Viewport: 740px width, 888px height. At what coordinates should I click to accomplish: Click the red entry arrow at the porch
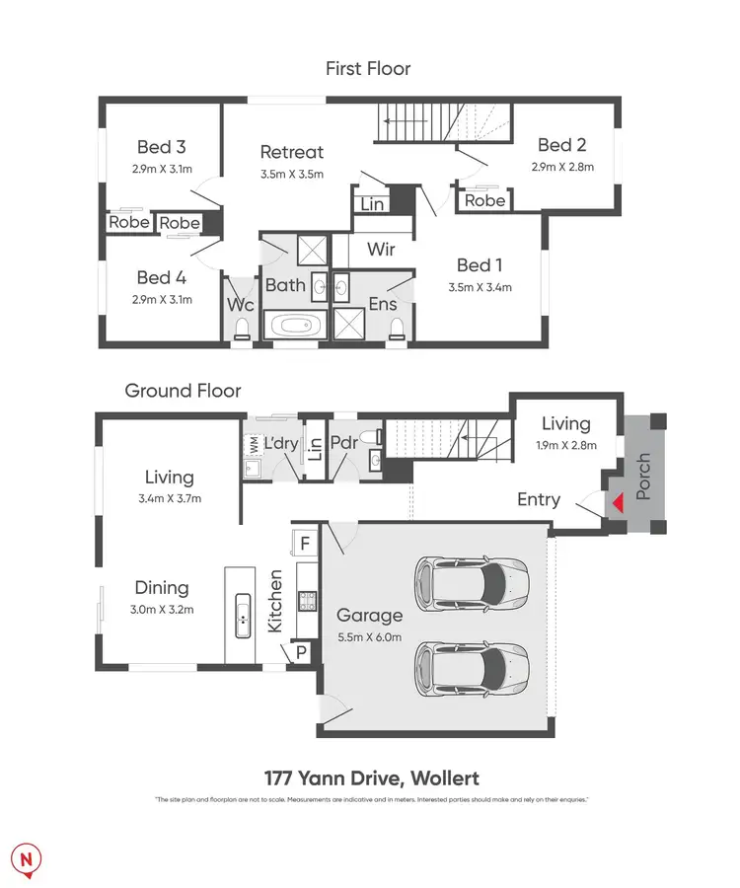pyautogui.click(x=617, y=503)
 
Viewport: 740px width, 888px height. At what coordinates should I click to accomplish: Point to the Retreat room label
pyautogui.click(x=291, y=152)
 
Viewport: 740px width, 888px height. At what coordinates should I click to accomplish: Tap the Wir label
pyautogui.click(x=381, y=250)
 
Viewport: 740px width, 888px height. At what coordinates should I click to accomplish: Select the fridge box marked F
pyautogui.click(x=305, y=543)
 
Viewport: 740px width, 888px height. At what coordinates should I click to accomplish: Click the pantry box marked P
pyautogui.click(x=301, y=652)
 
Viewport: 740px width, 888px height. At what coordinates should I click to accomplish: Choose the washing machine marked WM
pyautogui.click(x=252, y=446)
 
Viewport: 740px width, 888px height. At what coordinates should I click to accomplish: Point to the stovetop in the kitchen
pyautogui.click(x=306, y=600)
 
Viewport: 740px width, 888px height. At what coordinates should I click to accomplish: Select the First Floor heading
pyautogui.click(x=368, y=68)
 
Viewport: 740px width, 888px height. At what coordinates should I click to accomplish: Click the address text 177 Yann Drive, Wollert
pyautogui.click(x=370, y=778)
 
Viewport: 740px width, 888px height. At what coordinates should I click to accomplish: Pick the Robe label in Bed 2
pyautogui.click(x=484, y=201)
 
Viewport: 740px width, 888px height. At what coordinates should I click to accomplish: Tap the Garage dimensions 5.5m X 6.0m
pyautogui.click(x=369, y=636)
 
